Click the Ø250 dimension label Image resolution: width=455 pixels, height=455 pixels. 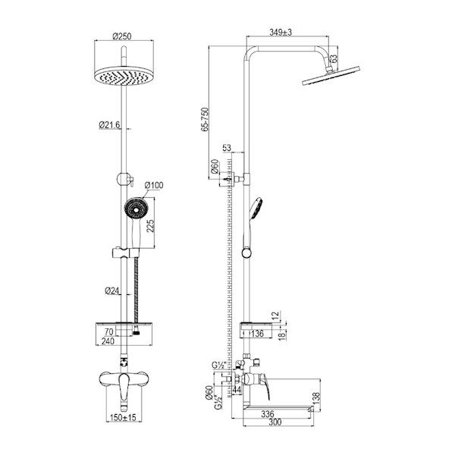click(122, 36)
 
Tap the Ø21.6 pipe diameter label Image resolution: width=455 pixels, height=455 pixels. click(109, 125)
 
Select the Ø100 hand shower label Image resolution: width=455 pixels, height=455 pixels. click(154, 185)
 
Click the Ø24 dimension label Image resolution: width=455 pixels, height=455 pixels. click(112, 290)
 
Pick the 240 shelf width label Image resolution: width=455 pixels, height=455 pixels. click(108, 341)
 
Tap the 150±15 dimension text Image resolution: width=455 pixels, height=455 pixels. click(123, 418)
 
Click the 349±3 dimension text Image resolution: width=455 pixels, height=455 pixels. click(281, 32)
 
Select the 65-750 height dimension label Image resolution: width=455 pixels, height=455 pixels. click(205, 120)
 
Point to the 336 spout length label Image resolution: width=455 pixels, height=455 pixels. click(267, 414)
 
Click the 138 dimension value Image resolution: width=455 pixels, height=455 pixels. click(316, 397)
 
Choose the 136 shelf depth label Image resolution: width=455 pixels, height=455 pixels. click(257, 334)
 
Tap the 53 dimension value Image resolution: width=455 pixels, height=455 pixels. click(227, 148)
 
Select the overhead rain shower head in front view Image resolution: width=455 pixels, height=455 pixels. click(124, 76)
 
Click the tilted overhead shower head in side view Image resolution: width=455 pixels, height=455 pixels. click(331, 76)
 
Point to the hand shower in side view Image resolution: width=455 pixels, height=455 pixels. click(252, 226)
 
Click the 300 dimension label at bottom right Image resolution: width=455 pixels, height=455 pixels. click(275, 422)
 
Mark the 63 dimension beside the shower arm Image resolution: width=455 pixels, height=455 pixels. click(334, 58)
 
